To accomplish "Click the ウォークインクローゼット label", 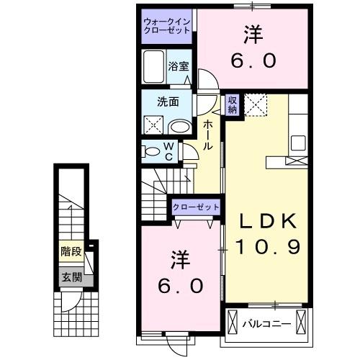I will [x=166, y=25].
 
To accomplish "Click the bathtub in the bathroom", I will [x=153, y=68].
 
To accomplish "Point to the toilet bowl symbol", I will [x=153, y=152].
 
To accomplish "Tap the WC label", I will [x=168, y=152].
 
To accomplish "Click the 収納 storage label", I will [x=233, y=105].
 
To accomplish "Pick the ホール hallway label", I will [x=207, y=135].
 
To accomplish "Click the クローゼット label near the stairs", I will [x=195, y=207].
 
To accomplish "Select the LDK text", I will [x=264, y=220].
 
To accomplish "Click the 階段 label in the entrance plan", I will [x=71, y=252].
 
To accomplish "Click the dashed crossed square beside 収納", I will [x=256, y=105].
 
